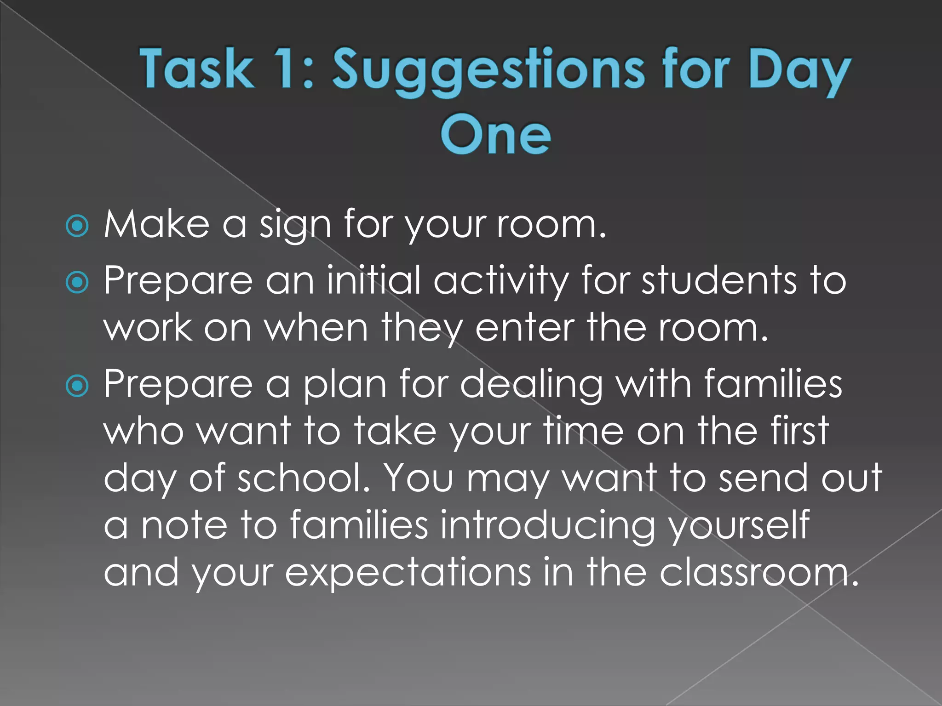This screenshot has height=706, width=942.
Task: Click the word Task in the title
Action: pyautogui.click(x=197, y=69)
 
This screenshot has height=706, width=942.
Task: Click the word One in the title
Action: pyautogui.click(x=495, y=134)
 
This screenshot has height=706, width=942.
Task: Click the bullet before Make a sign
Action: pyautogui.click(x=77, y=226)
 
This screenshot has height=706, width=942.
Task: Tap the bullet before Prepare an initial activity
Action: pyautogui.click(x=77, y=282)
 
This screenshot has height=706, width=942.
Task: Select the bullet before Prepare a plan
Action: pyautogui.click(x=77, y=386)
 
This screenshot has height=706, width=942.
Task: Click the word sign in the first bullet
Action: pyautogui.click(x=295, y=224)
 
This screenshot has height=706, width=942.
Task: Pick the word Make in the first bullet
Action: pyautogui.click(x=156, y=224)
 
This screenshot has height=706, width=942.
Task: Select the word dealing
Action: pyautogui.click(x=531, y=385)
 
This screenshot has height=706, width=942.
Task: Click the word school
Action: pyautogui.click(x=304, y=478)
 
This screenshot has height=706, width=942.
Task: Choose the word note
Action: pyautogui.click(x=184, y=525)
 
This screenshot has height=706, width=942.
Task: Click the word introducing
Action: pyautogui.click(x=547, y=525)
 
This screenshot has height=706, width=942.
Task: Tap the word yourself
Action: pyautogui.click(x=739, y=525)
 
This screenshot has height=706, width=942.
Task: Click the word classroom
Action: pyautogui.click(x=759, y=573)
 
